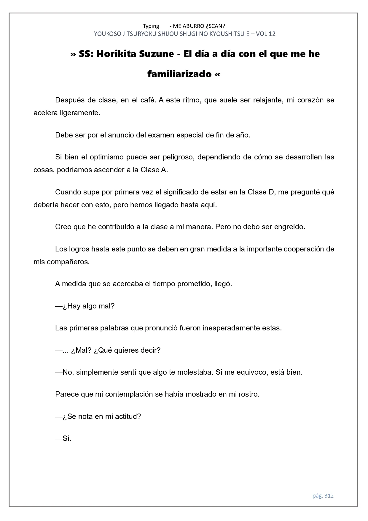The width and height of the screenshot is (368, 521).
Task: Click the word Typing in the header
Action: [151, 26]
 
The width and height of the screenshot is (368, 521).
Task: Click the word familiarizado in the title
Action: [179, 74]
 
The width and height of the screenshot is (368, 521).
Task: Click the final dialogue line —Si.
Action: [63, 438]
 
